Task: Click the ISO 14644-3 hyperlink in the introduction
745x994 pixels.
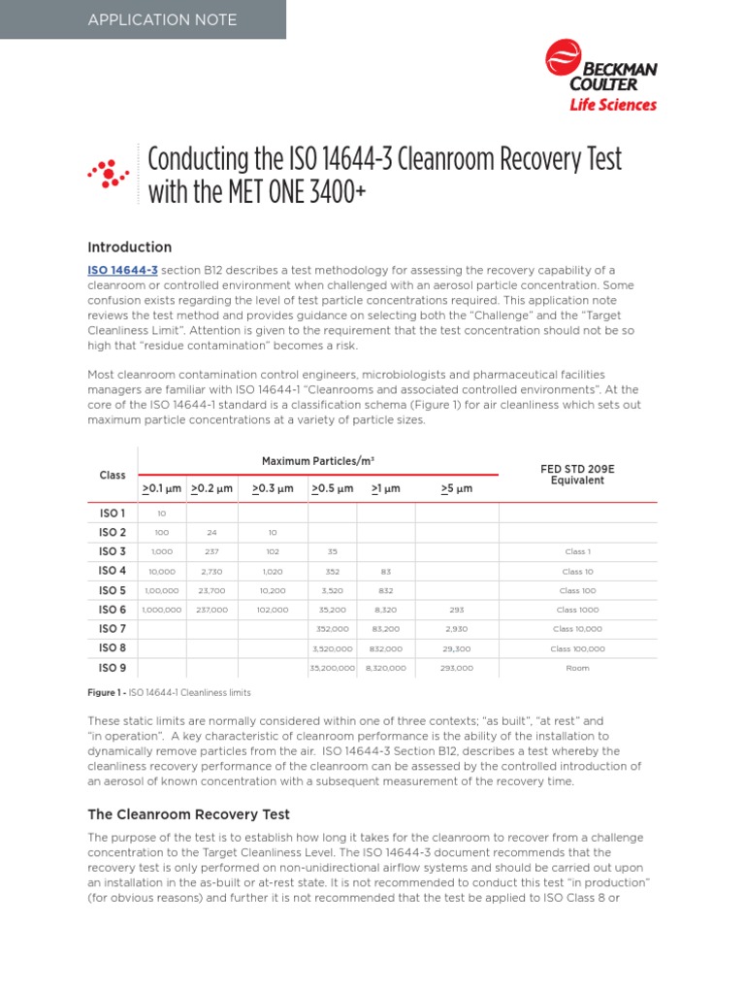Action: (x=123, y=270)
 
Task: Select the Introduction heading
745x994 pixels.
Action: (x=130, y=247)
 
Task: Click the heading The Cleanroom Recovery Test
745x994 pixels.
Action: (x=189, y=814)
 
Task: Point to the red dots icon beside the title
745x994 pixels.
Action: (x=109, y=173)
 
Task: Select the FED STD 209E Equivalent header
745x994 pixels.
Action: (x=577, y=475)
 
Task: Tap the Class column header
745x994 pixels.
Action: (x=113, y=475)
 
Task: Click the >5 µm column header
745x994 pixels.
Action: (x=457, y=488)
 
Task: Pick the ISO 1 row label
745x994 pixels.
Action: (x=113, y=513)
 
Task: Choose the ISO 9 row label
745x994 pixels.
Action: (x=113, y=668)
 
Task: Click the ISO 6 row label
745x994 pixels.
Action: (x=113, y=610)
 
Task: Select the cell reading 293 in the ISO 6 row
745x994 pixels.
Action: (x=457, y=610)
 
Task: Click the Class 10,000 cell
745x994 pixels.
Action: (x=577, y=629)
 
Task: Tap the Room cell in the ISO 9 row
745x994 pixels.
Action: (x=577, y=668)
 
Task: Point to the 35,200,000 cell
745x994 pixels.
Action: (x=333, y=668)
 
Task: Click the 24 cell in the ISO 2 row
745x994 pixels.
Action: (x=211, y=532)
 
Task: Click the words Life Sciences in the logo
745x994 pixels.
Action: (x=612, y=105)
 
